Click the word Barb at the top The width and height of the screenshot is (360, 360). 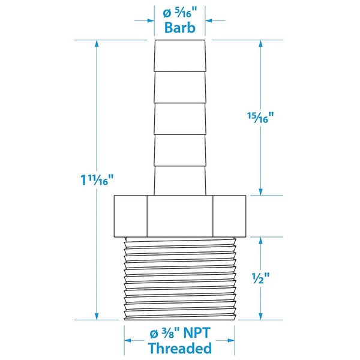point(179,28)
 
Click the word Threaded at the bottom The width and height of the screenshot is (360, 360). point(179,348)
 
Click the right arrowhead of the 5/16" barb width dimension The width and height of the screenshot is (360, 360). point(209,20)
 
